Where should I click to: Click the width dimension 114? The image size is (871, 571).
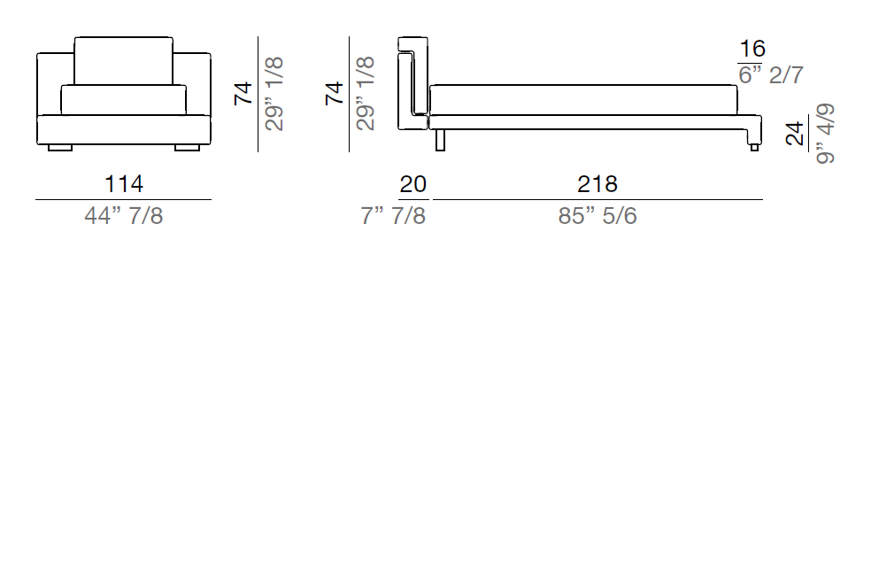pos(124,184)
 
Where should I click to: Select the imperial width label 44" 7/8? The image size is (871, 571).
pos(124,215)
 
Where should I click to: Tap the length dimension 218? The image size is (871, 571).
pos(597,184)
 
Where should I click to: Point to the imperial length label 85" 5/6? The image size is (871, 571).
pos(597,215)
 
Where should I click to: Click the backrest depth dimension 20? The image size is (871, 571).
pos(412,184)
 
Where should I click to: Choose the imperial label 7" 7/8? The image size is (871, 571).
pos(393,215)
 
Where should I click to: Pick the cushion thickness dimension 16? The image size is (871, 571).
pos(752,49)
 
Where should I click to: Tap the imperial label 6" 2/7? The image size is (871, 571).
pos(771,74)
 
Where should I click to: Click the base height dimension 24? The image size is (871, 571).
pos(795,134)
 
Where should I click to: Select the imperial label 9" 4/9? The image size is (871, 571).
pos(826,134)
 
